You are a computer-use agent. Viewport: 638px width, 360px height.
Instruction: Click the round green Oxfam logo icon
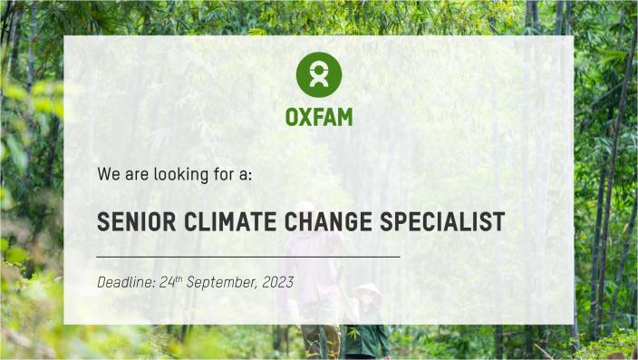tap(319, 74)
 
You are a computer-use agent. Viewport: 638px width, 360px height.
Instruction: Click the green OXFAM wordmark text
tap(319, 117)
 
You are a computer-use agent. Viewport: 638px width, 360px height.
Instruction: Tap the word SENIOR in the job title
tap(132, 221)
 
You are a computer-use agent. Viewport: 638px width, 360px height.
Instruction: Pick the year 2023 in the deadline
tap(277, 283)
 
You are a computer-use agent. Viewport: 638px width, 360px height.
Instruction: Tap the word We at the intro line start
tap(108, 174)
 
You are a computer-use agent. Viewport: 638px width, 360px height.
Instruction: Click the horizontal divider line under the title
tap(247, 257)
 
